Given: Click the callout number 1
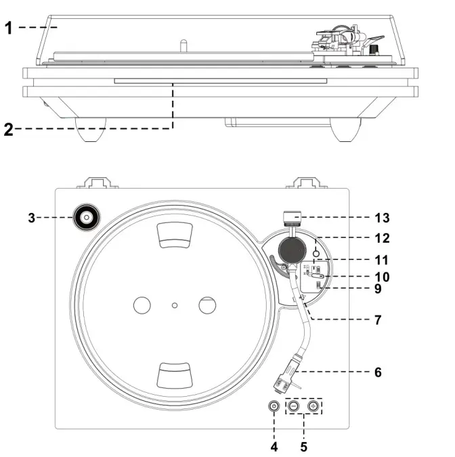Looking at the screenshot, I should click(8, 27).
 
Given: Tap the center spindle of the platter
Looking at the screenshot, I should click(175, 306).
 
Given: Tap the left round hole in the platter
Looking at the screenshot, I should click(142, 306).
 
